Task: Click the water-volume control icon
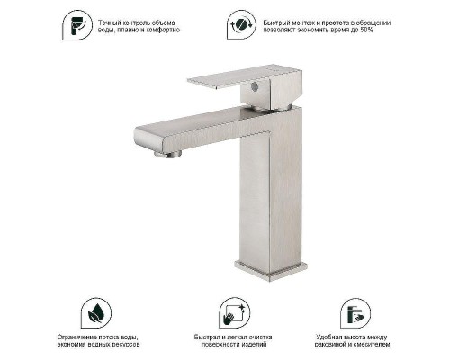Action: coord(77,25)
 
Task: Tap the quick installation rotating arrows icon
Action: coord(241,24)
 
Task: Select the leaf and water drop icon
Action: coord(96,313)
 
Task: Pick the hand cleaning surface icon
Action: coord(234,313)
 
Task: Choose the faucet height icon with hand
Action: coord(355,313)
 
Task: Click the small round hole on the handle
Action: coord(255,86)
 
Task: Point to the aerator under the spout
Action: coord(168,154)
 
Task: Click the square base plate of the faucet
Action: coord(271,270)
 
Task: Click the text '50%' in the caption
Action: coord(367,30)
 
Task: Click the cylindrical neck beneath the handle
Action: coord(266,107)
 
